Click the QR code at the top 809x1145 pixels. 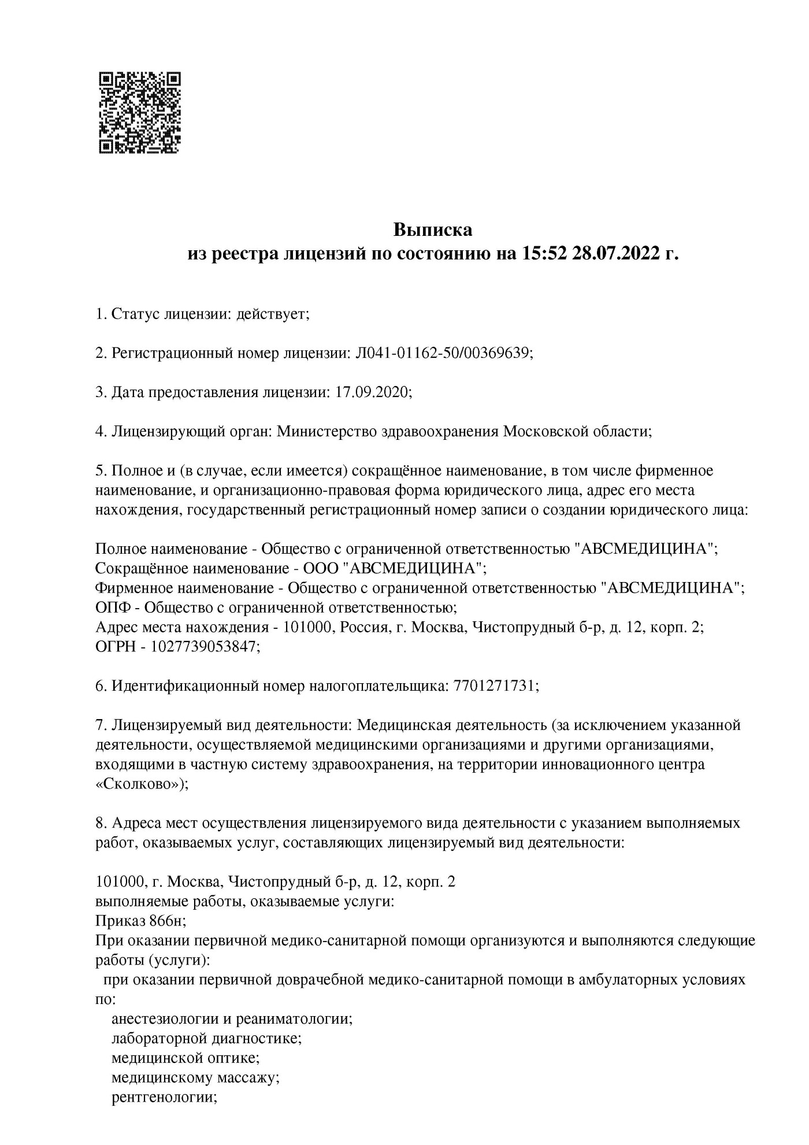139,112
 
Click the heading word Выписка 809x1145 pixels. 432,230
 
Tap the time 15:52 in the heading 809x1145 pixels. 544,253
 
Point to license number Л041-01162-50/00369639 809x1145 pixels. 441,353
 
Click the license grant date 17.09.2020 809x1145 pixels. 372,392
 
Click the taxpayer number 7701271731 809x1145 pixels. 495,686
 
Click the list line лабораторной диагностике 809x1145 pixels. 206,1038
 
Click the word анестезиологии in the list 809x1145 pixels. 164,1018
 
